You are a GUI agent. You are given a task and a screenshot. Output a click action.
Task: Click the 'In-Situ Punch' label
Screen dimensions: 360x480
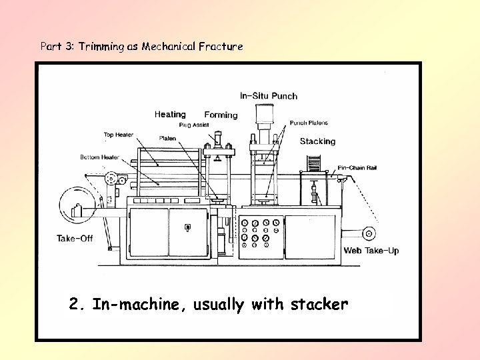click(268, 96)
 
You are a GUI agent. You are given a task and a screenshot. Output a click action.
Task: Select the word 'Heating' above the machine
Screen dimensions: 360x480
click(170, 115)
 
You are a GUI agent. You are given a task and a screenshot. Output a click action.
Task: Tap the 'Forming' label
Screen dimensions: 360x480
click(221, 115)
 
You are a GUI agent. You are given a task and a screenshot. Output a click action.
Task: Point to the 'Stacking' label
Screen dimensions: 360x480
click(317, 141)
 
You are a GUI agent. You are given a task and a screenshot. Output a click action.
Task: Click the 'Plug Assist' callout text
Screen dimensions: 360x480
click(194, 125)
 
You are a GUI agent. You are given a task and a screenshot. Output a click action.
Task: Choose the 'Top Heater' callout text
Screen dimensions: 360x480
click(118, 135)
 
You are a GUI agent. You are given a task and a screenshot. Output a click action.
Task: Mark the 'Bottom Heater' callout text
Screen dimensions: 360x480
click(99, 157)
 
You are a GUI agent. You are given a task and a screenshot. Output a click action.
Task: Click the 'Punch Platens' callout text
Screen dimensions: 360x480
click(309, 123)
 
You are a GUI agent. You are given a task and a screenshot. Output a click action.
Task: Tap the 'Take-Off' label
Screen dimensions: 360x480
click(75, 239)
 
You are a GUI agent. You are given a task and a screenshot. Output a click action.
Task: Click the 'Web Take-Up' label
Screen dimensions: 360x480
click(371, 251)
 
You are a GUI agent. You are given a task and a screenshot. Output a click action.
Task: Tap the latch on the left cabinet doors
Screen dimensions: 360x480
click(187, 228)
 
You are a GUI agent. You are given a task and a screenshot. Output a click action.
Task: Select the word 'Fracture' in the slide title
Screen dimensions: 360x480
click(222, 47)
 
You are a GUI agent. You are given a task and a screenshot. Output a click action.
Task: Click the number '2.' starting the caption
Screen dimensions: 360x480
click(77, 305)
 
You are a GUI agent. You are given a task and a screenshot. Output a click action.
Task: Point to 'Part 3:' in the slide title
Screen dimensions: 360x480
click(57, 47)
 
